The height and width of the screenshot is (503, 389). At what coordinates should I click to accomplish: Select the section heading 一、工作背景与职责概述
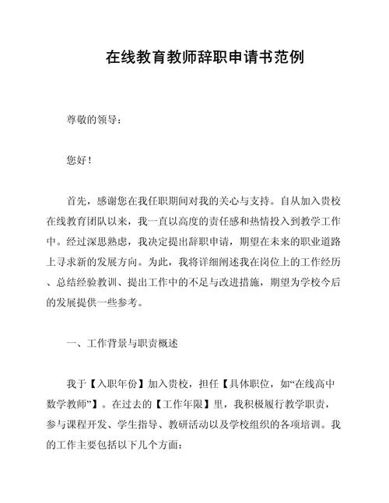pos(123,342)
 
